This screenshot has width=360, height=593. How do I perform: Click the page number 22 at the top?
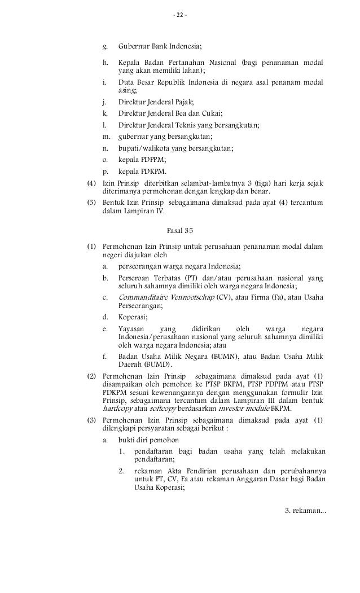179,14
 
